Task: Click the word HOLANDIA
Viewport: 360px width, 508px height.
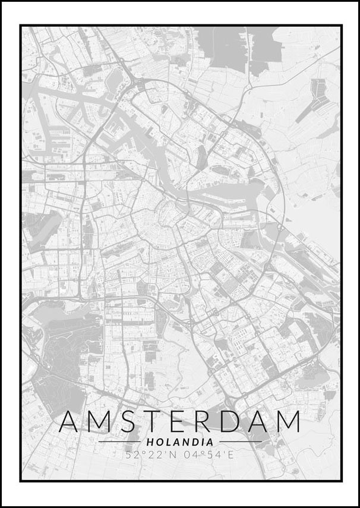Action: (x=179, y=442)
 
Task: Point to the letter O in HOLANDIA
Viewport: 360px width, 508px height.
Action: (x=157, y=442)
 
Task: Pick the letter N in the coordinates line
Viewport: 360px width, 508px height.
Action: (x=175, y=455)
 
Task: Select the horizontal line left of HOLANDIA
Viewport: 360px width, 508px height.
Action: (x=119, y=442)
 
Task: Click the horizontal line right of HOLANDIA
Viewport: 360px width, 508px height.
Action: (x=241, y=442)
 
